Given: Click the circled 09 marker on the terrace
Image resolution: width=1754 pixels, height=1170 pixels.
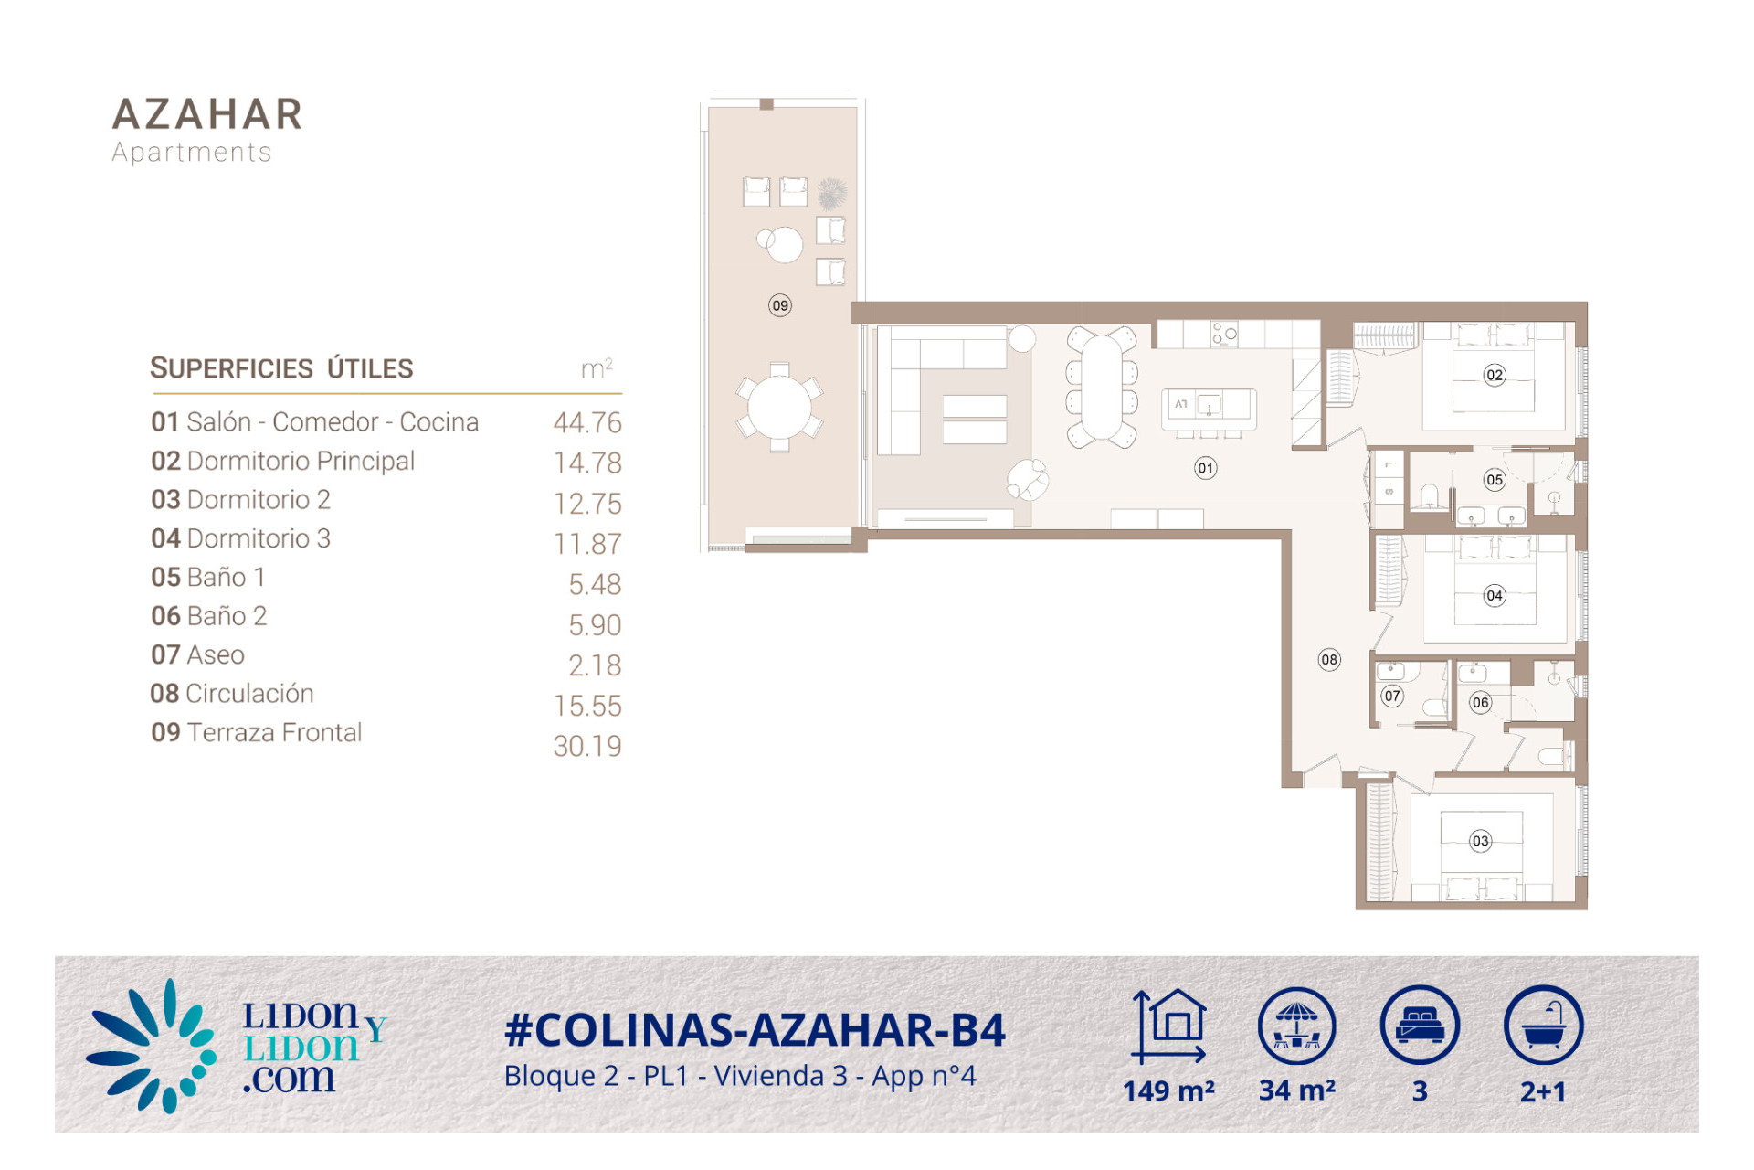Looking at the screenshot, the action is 779,305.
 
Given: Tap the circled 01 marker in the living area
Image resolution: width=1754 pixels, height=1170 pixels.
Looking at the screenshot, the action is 1206,468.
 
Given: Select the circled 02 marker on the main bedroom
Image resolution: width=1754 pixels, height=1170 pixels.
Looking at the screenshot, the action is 1495,375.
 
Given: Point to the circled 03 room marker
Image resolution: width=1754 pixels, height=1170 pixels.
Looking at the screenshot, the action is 1481,841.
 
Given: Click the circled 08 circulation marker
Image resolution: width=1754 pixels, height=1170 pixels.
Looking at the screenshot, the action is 1329,659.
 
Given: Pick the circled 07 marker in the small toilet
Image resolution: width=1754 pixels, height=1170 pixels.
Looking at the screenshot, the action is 1391,696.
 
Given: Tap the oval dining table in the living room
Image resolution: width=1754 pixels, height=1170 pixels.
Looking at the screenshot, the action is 1102,388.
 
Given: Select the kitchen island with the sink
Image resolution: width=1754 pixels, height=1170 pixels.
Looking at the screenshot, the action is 1209,409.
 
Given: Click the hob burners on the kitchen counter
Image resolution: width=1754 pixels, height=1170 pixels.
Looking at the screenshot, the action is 1224,334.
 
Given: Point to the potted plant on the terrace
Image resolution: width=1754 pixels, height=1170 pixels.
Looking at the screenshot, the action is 831,193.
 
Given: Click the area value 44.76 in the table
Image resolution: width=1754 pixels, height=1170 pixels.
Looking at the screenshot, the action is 587,422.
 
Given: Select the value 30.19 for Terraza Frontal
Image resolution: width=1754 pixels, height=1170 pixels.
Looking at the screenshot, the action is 587,746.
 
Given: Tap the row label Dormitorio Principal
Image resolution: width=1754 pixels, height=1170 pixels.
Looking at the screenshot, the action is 301,461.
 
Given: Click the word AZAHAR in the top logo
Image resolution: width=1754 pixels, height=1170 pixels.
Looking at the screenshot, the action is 207,115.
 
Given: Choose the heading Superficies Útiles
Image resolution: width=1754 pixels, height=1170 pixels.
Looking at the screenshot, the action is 281,368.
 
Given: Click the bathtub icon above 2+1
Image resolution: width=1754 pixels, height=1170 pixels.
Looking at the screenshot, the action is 1543,1025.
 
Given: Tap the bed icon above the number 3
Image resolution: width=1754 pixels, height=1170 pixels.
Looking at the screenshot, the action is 1420,1025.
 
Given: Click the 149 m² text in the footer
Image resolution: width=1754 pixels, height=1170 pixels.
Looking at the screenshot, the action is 1168,1090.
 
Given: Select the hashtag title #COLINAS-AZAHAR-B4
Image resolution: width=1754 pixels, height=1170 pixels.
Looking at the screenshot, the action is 755,1030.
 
